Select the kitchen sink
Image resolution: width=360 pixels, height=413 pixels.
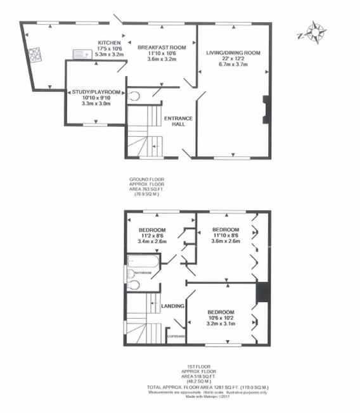pyautogui.click(x=80, y=54)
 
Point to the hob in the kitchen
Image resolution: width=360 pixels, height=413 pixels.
pyautogui.click(x=35, y=54)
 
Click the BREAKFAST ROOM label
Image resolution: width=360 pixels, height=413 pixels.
pyautogui.click(x=162, y=48)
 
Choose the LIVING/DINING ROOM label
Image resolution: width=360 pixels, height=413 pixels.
pyautogui.click(x=234, y=53)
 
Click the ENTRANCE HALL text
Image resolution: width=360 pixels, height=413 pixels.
pyautogui.click(x=178, y=122)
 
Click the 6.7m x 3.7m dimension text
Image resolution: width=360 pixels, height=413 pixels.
pyautogui.click(x=234, y=65)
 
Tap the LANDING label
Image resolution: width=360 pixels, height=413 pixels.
pyautogui.click(x=173, y=306)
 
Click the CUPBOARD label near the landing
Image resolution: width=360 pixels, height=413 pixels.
pyautogui.click(x=176, y=336)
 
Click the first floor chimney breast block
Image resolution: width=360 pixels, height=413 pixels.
pyautogui.click(x=262, y=293)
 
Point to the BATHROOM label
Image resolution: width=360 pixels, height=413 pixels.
pyautogui.click(x=141, y=273)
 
